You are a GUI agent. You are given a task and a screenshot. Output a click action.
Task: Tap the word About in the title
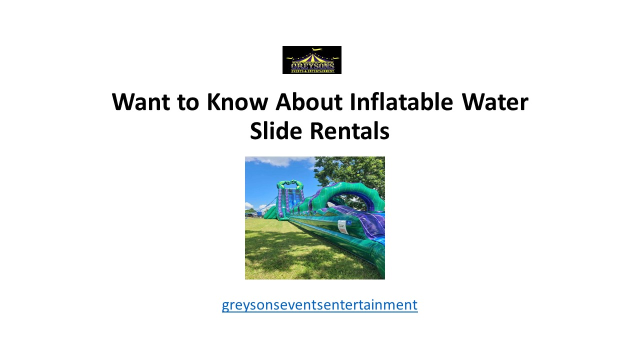[x=309, y=102]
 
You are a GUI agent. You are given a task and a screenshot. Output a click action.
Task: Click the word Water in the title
[x=494, y=102]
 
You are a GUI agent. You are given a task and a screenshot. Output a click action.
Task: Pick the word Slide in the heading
[x=276, y=131]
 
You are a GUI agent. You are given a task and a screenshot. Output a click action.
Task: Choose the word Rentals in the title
[x=349, y=131]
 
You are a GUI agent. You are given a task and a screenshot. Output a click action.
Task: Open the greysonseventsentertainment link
[x=319, y=304]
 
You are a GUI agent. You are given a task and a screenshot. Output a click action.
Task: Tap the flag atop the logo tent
[x=314, y=49]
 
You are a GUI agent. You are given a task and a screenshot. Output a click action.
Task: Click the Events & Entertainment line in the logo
[x=312, y=71]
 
